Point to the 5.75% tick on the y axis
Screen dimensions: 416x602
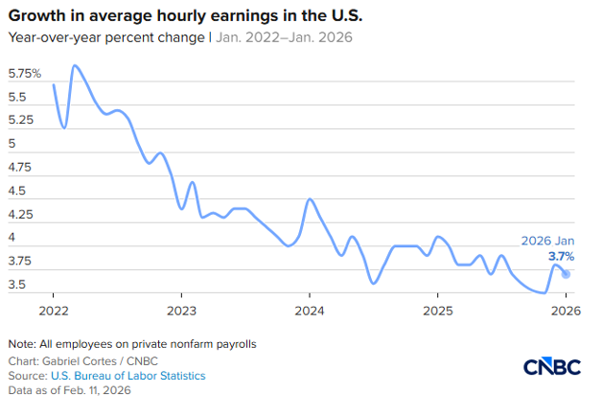[x=24, y=74]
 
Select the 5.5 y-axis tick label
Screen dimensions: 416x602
[x=17, y=98]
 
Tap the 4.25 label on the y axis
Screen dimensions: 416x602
[x=20, y=215]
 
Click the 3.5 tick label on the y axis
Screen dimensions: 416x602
[x=17, y=285]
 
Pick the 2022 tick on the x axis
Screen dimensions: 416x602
[x=53, y=310]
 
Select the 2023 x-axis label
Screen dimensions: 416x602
[x=181, y=310]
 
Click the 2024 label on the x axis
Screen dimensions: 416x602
[x=309, y=310]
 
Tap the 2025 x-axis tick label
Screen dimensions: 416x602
[x=437, y=310]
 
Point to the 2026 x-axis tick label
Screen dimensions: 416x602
[x=566, y=310]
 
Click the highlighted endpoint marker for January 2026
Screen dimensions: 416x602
[x=566, y=274]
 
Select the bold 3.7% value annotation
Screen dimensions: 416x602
[x=561, y=257]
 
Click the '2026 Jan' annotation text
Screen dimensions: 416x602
[x=547, y=242]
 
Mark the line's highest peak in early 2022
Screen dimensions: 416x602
[x=75, y=65]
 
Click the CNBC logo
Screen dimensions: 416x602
[x=553, y=367]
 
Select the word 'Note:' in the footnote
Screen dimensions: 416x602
[x=22, y=343]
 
